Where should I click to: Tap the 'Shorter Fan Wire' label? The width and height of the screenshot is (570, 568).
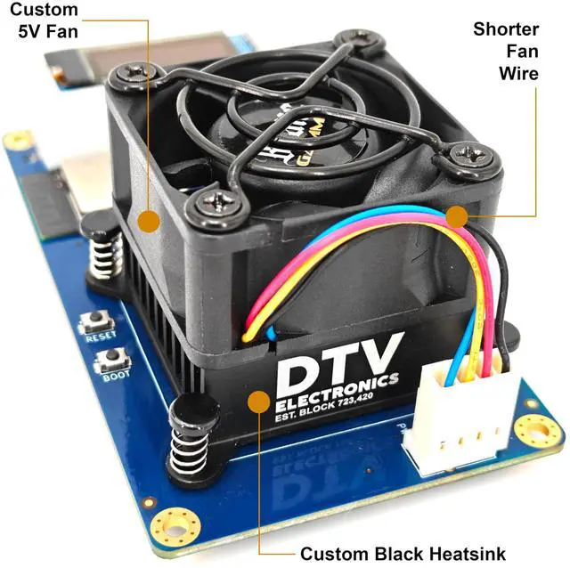pyautogui.click(x=505, y=51)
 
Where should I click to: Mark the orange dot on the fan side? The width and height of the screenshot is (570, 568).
pyautogui.click(x=147, y=218)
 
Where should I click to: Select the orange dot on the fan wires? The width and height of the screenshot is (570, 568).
pyautogui.click(x=456, y=215)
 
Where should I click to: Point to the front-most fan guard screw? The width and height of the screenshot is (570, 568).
pyautogui.click(x=215, y=201)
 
